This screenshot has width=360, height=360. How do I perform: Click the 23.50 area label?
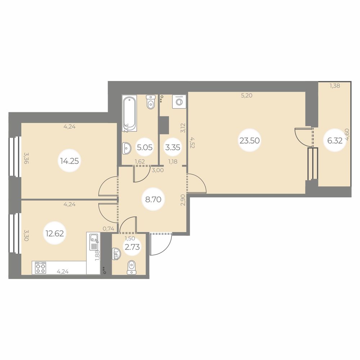click(249, 140)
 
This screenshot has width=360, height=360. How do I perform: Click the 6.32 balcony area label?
click(335, 140)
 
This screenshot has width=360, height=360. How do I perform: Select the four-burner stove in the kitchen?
click(40, 268)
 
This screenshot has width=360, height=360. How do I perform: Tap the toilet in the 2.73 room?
click(132, 266)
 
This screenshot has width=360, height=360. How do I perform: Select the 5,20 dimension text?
click(247, 96)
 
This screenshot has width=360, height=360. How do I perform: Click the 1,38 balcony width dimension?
click(335, 86)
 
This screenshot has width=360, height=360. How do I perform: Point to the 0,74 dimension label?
click(109, 228)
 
